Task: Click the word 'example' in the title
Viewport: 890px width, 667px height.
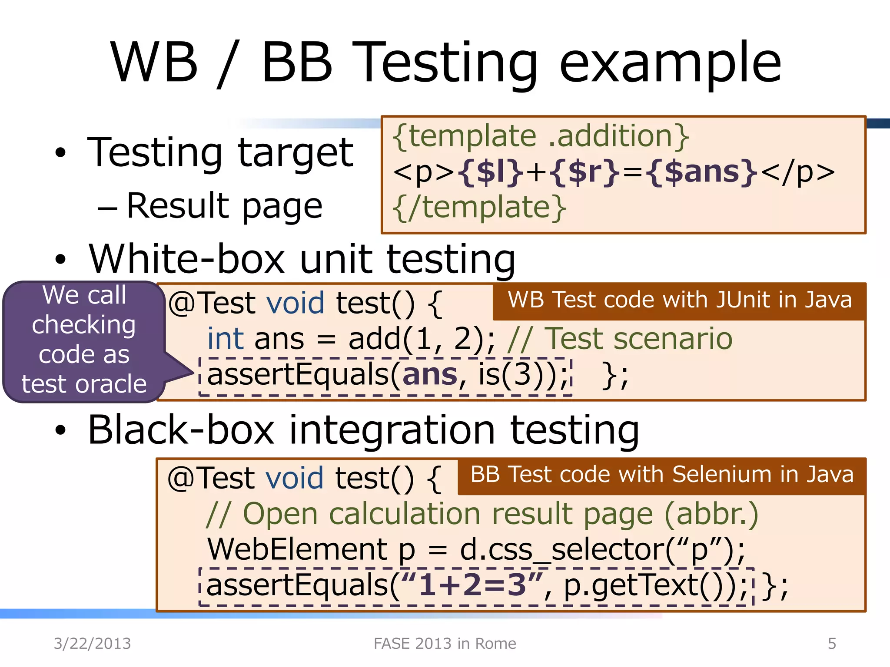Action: [x=670, y=63]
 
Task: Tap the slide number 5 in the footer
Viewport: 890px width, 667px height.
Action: [x=832, y=644]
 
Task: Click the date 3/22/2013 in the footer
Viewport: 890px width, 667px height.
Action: [x=92, y=644]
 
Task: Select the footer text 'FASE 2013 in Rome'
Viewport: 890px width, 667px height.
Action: [x=445, y=644]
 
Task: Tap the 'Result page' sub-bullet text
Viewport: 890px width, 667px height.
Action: [x=224, y=206]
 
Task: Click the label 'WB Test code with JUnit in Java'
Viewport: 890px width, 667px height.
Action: [x=680, y=300]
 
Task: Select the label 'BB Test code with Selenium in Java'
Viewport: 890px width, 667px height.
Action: [x=662, y=475]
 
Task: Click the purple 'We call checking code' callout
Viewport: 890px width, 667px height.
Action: [x=84, y=340]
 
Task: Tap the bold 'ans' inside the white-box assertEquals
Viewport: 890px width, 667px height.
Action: [x=430, y=374]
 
